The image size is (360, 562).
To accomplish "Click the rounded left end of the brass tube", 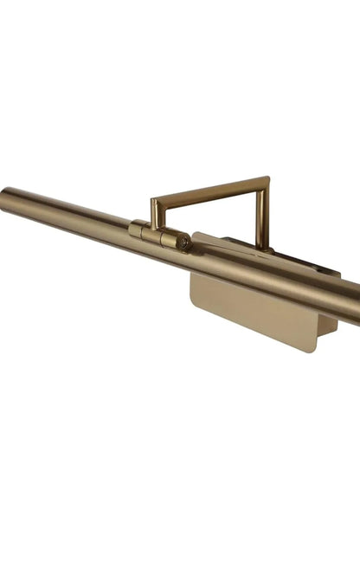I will (4, 197).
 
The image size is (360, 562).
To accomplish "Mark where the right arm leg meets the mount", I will (261, 246).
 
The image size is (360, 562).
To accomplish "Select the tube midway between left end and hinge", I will (69, 214).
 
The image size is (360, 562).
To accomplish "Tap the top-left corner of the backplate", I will (196, 236).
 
